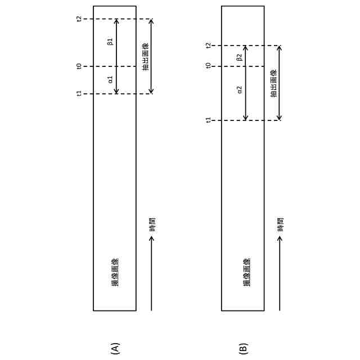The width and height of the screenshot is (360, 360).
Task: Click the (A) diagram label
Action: (x=115, y=348)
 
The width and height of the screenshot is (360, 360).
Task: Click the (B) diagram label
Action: (x=243, y=348)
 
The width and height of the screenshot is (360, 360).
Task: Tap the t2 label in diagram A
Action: (x=79, y=19)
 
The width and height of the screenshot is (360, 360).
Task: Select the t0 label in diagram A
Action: (x=79, y=66)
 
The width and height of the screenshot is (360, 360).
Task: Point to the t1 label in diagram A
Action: (x=79, y=93)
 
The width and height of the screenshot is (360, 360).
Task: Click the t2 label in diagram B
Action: (x=208, y=46)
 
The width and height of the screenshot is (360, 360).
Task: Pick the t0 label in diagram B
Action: (x=208, y=66)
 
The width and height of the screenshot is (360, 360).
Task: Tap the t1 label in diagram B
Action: (x=208, y=120)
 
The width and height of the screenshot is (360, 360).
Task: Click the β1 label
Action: (x=110, y=42)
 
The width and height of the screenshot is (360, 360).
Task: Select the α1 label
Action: (x=110, y=80)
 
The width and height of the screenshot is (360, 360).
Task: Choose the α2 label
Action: (x=239, y=90)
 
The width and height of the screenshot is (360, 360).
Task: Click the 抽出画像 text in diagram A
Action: (x=146, y=56)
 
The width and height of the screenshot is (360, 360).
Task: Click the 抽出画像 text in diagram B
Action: (x=274, y=83)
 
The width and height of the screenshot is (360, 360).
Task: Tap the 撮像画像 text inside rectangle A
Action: (x=115, y=272)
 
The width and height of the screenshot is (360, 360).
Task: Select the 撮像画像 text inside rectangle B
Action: (x=246, y=272)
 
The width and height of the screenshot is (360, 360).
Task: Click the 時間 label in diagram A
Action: (x=152, y=224)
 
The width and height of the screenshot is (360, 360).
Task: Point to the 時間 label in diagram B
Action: (x=281, y=224)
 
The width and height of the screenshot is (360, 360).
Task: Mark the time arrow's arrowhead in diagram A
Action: (x=151, y=238)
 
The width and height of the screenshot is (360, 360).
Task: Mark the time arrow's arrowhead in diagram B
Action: (x=280, y=238)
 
